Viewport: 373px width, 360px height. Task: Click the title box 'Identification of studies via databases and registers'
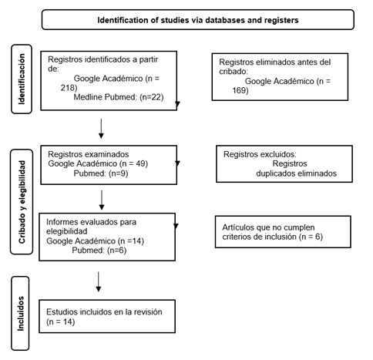click(198, 20)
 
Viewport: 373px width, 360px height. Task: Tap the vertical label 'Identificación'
click(22, 79)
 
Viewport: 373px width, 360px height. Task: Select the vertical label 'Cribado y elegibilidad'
click(22, 202)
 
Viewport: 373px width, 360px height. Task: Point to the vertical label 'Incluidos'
click(20, 314)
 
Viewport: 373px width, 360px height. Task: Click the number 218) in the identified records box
click(69, 88)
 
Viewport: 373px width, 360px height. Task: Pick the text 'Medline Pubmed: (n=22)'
click(119, 97)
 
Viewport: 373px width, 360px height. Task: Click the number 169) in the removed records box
click(240, 90)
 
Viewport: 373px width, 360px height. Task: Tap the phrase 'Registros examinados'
click(89, 154)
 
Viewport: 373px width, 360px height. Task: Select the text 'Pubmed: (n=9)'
click(101, 173)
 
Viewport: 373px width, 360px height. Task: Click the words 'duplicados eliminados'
click(296, 173)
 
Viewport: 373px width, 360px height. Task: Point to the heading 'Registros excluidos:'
click(260, 154)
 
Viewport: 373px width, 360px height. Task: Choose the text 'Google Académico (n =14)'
click(95, 241)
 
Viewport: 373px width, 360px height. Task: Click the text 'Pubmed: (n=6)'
click(99, 251)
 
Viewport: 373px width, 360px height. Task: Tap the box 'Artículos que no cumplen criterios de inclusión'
click(283, 232)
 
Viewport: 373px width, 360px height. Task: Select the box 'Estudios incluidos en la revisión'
click(107, 316)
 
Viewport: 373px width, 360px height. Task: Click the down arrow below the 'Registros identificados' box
click(101, 129)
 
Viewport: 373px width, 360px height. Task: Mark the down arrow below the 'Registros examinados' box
click(102, 200)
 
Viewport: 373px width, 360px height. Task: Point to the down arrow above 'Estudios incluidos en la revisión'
click(98, 281)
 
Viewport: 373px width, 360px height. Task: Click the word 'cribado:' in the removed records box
click(234, 72)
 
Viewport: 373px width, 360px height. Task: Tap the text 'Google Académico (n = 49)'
click(98, 163)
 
